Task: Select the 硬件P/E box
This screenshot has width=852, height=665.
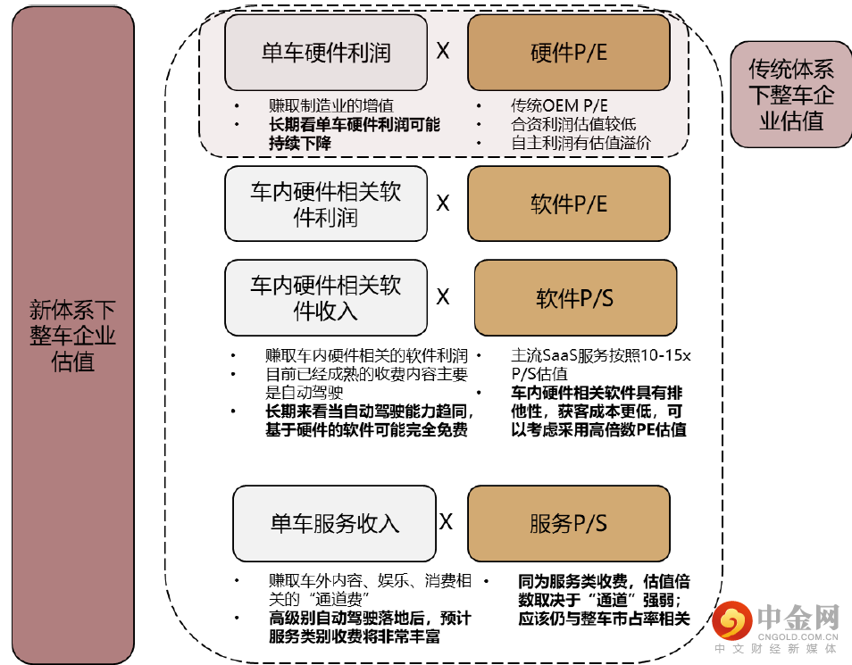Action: tap(568, 52)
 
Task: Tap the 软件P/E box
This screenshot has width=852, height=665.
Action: tap(568, 204)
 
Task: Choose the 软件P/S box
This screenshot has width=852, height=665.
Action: tap(574, 297)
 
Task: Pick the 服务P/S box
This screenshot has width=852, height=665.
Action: tap(568, 523)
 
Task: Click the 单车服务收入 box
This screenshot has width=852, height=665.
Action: tap(334, 523)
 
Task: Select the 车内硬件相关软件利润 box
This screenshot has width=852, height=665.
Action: tap(325, 204)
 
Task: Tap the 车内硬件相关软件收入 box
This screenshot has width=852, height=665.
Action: tap(325, 297)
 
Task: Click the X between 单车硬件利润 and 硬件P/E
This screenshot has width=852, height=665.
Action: tap(443, 51)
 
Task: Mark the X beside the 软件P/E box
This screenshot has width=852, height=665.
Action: tap(443, 204)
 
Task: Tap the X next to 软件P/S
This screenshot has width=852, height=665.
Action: tap(443, 297)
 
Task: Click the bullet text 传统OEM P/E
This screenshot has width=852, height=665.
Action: tap(559, 105)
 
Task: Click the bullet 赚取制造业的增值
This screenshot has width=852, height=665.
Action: tap(330, 105)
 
